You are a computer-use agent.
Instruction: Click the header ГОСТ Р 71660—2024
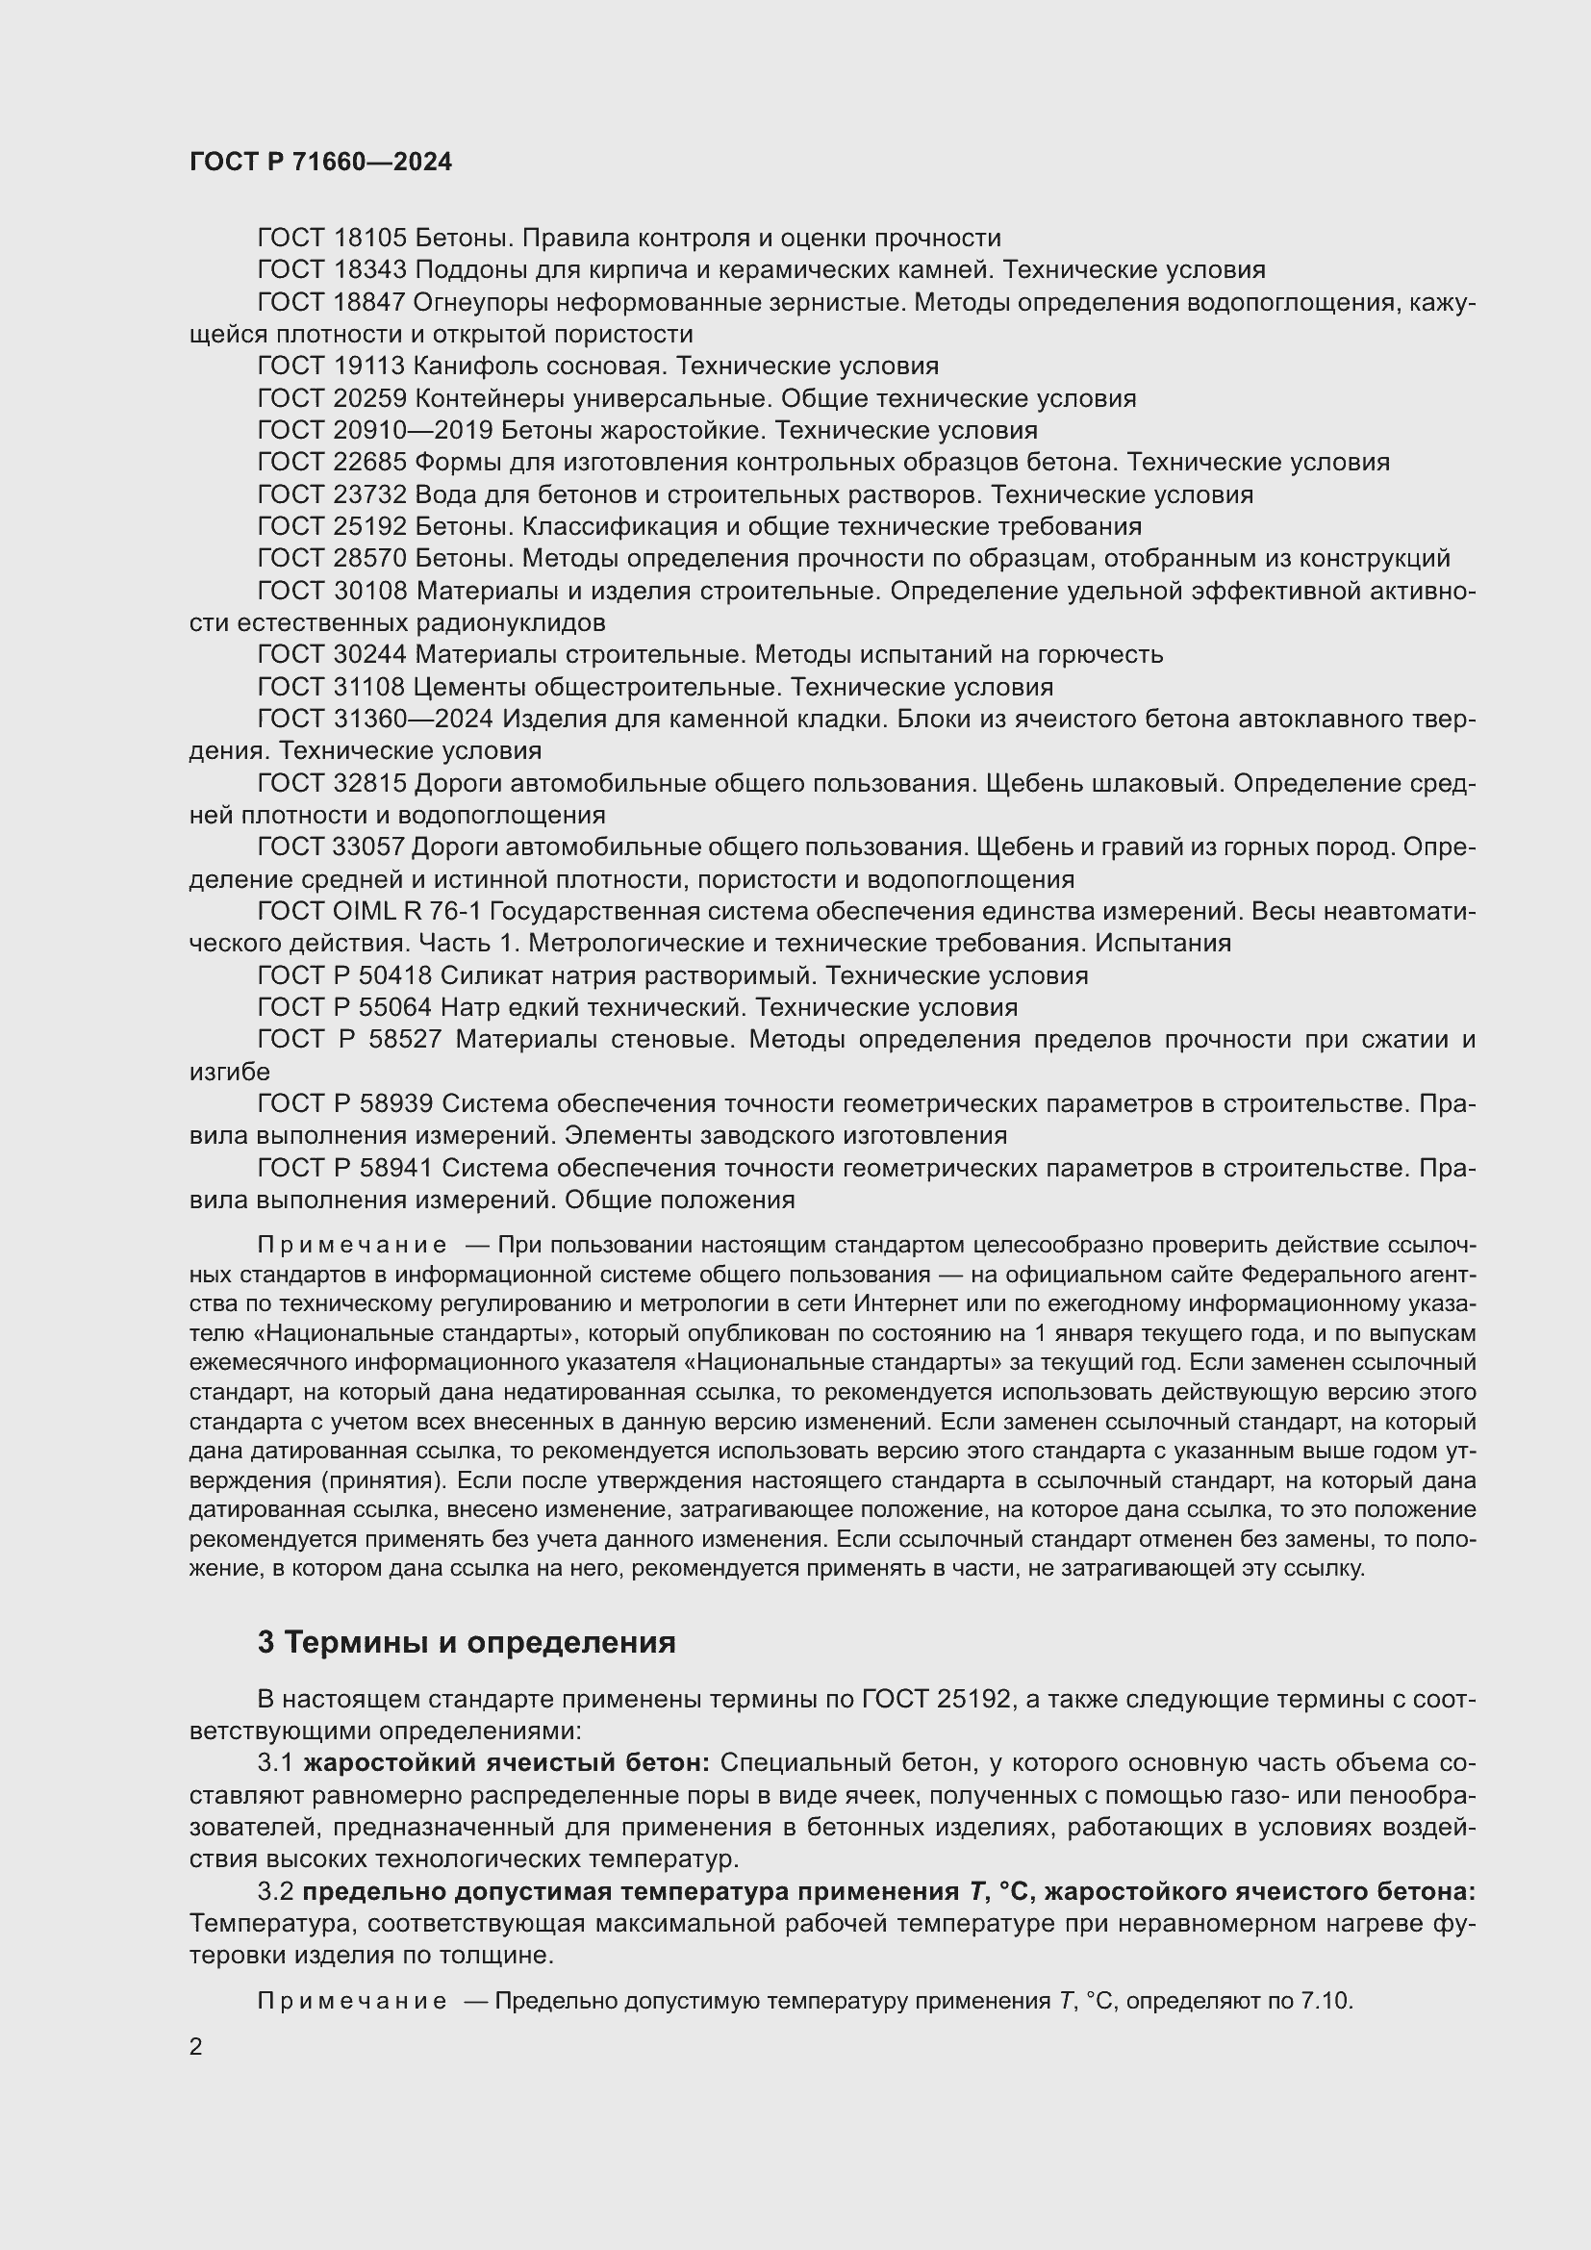pyautogui.click(x=320, y=163)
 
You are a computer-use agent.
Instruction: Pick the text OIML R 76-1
pyautogui.click(x=401, y=911)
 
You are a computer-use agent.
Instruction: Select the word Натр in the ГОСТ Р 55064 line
pyautogui.click(x=467, y=1008)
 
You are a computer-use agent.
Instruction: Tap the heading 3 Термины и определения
pyautogui.click(x=467, y=1642)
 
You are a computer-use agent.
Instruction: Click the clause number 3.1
pyautogui.click(x=275, y=1764)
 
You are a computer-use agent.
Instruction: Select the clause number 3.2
pyautogui.click(x=275, y=1892)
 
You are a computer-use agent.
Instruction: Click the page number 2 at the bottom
pyautogui.click(x=196, y=2048)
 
